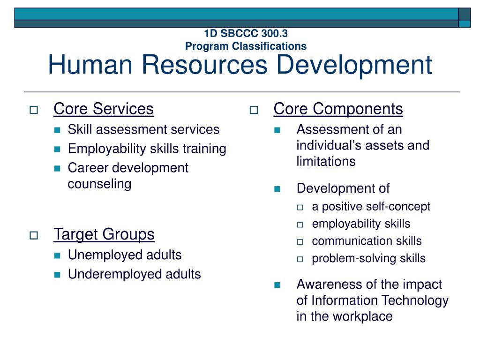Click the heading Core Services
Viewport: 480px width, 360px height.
tap(104, 109)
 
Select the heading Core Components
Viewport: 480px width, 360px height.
tap(338, 109)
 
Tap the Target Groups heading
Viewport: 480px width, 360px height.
tap(104, 234)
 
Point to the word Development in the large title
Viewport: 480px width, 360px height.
tap(353, 65)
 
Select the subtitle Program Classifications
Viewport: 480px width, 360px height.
tap(246, 46)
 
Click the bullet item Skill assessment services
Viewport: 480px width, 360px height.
tap(143, 129)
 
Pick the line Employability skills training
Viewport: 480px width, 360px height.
tap(147, 149)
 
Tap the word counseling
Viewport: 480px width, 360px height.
tap(99, 184)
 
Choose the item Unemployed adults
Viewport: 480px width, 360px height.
tap(124, 255)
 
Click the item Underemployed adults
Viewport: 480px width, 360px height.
tap(134, 274)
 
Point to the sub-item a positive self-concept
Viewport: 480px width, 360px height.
tap(371, 207)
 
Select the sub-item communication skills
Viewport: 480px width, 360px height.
tap(367, 241)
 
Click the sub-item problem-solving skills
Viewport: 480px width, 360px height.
tap(368, 258)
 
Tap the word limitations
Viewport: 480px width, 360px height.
tap(326, 161)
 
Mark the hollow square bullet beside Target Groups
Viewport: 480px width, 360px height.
tap(34, 236)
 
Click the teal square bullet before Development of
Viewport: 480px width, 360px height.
tap(277, 189)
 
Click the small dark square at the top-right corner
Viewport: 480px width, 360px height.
tap(465, 14)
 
